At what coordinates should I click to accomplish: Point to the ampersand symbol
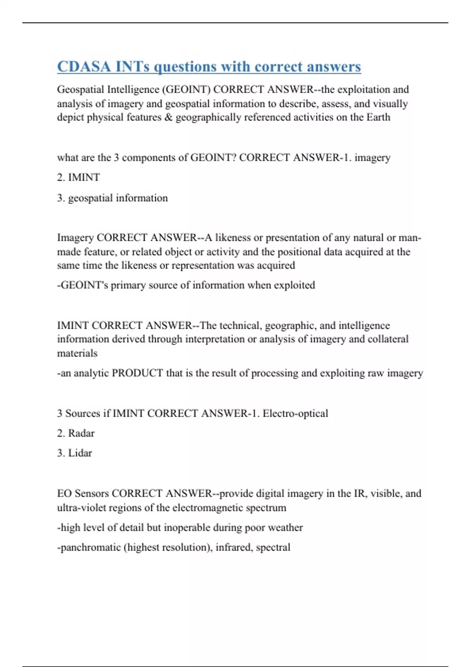(168, 117)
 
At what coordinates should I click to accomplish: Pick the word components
(149, 158)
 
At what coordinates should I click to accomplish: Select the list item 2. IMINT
(78, 177)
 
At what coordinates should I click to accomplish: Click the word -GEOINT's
(82, 285)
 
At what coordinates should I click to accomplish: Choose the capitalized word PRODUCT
(137, 373)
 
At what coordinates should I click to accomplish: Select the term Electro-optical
(295, 414)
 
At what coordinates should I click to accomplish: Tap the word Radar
(81, 433)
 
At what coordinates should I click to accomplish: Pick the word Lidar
(80, 453)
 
